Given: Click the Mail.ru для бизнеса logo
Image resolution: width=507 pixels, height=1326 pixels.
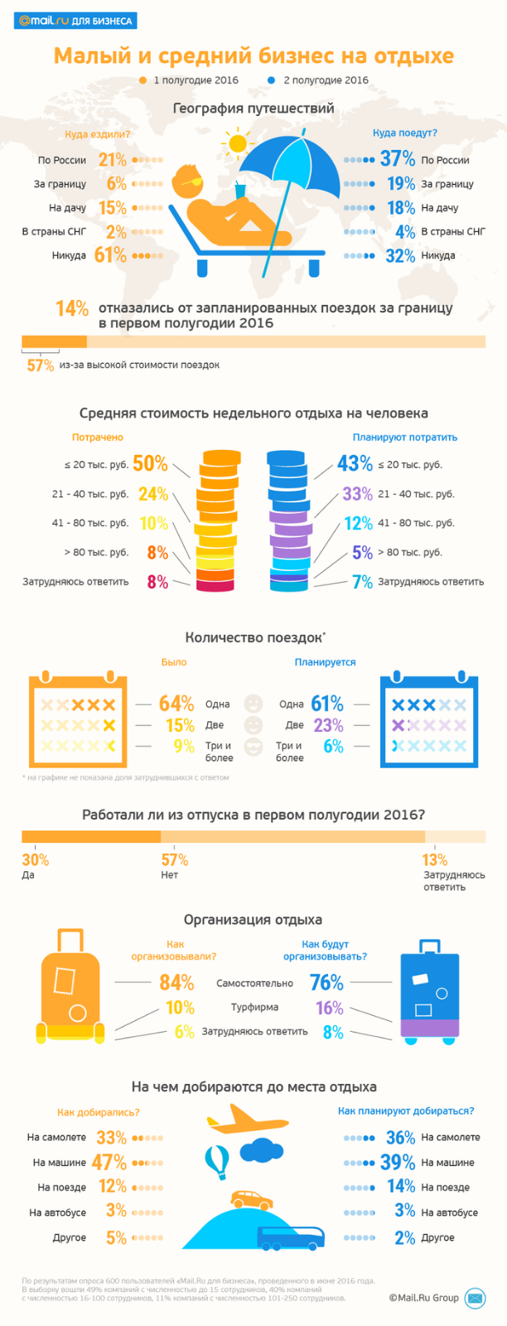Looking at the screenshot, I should (x=75, y=21).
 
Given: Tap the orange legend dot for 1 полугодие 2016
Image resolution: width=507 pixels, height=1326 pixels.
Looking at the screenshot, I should (x=142, y=80).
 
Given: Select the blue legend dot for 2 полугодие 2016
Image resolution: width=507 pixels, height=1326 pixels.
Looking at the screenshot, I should (x=272, y=80).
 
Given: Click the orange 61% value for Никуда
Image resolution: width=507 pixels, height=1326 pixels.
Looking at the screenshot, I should (x=110, y=255).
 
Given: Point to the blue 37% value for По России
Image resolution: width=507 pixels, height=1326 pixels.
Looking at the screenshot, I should (x=398, y=159).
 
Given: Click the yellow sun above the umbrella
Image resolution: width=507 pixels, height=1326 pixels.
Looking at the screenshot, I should (x=239, y=143).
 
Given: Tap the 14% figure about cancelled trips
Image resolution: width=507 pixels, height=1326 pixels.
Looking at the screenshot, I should (x=72, y=309).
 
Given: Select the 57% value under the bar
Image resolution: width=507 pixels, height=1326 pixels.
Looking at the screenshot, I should (x=40, y=365).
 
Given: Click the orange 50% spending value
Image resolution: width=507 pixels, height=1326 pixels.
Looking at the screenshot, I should (x=150, y=464).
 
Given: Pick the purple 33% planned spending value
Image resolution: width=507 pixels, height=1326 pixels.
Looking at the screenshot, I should (x=357, y=494).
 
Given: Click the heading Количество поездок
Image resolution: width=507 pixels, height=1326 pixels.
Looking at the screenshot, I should (x=254, y=637).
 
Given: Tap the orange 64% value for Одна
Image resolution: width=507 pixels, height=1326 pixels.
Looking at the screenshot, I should (x=176, y=704).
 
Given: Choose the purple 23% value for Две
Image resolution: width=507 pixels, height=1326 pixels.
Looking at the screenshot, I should (x=328, y=725).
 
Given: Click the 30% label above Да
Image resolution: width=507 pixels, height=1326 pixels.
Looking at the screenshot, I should (x=36, y=860).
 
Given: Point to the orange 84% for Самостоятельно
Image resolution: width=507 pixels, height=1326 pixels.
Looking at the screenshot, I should (x=176, y=983).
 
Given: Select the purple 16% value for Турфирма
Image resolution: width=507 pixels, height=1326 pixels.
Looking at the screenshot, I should (x=329, y=1008).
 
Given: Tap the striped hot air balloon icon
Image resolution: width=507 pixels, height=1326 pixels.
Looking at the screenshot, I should (x=217, y=1161).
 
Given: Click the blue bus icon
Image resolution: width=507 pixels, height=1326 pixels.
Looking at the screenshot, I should (x=285, y=1238).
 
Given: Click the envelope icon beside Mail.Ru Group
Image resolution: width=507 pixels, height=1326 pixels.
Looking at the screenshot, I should (x=475, y=1298).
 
